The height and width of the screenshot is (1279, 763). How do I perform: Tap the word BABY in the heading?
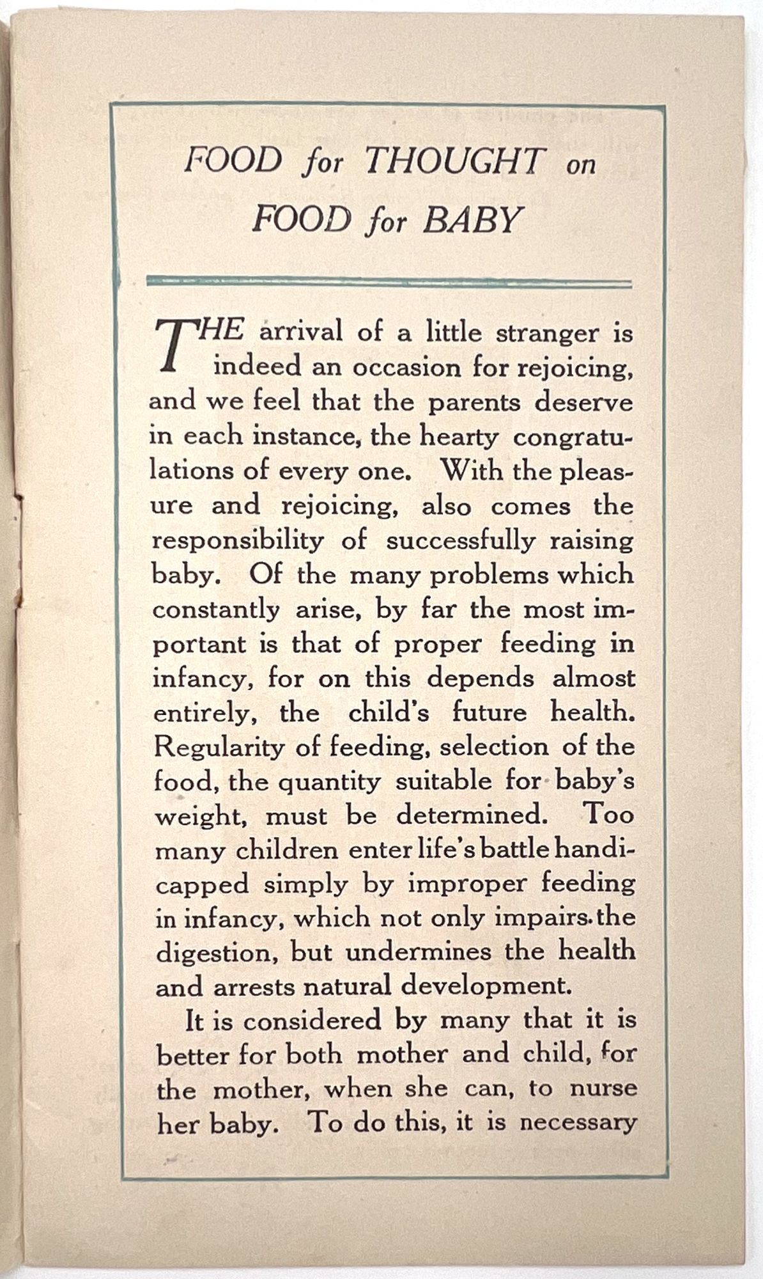(x=473, y=220)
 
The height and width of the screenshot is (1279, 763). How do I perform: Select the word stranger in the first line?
(x=548, y=334)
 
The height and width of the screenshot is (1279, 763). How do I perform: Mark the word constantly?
(x=216, y=609)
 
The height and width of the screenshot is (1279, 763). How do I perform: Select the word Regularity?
(x=219, y=747)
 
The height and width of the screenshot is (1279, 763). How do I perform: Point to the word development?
(x=485, y=986)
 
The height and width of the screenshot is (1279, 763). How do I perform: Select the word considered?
(x=312, y=1021)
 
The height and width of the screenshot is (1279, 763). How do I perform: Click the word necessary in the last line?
(x=578, y=1123)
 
